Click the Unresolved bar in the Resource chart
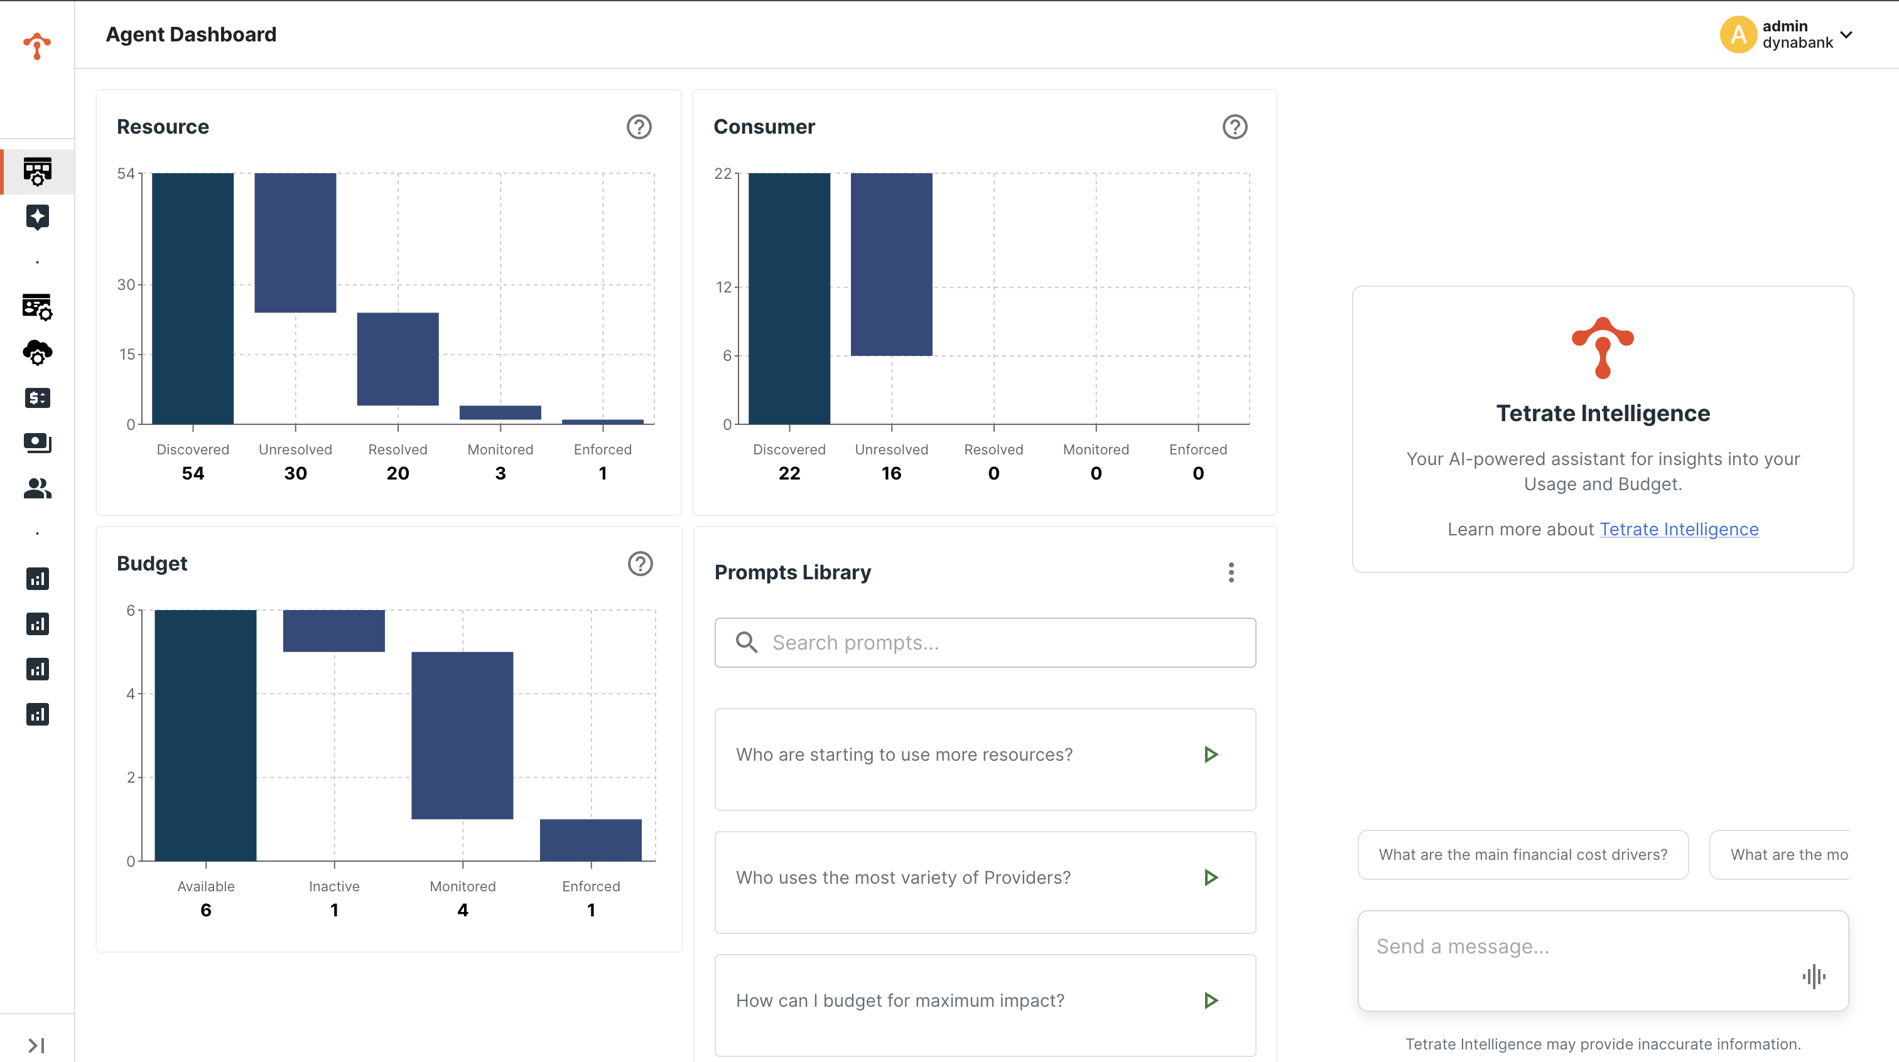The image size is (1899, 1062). point(295,242)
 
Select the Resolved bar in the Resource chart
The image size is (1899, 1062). point(398,359)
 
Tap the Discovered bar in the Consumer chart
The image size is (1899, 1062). point(789,299)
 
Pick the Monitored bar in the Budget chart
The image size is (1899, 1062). point(462,735)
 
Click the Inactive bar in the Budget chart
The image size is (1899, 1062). point(334,631)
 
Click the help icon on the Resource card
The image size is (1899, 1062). point(639,127)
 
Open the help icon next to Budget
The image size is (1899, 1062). point(640,564)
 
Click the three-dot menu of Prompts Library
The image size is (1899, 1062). point(1231,572)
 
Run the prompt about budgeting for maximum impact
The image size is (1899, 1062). point(1211,1000)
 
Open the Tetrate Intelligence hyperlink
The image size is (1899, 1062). point(1679,529)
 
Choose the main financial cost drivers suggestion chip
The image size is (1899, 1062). point(1523,854)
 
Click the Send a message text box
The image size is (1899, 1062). point(1577,947)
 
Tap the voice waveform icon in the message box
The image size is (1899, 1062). point(1814,977)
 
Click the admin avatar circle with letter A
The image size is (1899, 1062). point(1738,35)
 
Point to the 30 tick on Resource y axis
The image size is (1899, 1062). point(126,284)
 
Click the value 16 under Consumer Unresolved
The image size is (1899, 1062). point(891,473)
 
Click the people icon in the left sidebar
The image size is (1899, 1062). point(37,488)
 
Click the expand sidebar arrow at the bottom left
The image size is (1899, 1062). point(36,1045)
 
